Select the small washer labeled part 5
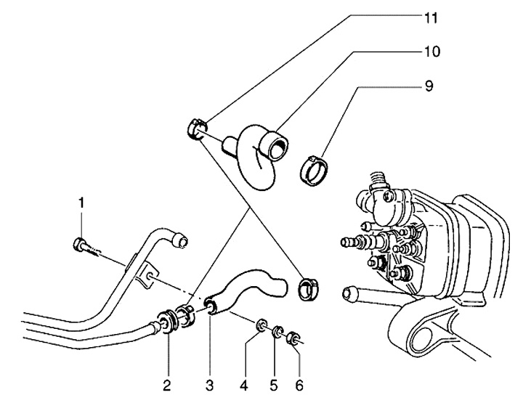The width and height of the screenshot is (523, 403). pos(278,334)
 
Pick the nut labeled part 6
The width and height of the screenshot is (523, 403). pos(295,338)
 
